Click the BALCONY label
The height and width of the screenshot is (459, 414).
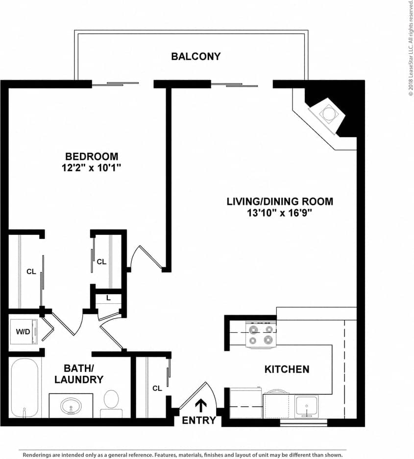195,56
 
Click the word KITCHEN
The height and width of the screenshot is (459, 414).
287,369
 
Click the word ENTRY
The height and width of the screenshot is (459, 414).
198,420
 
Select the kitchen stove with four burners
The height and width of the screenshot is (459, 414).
261,335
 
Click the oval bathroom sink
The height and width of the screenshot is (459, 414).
72,406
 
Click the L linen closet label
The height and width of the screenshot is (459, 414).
108,298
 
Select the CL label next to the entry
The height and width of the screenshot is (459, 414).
157,389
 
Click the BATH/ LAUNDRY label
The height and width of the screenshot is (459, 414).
79,373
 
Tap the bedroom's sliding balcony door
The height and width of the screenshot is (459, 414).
116,84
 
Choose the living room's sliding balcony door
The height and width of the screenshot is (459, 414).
234,85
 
